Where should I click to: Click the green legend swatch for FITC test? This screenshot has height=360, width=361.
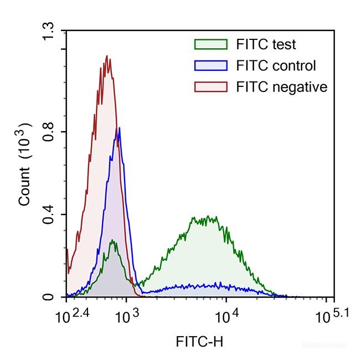point(210,44)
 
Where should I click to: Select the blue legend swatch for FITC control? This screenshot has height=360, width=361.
point(210,66)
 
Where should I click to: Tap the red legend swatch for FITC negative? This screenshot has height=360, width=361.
point(210,87)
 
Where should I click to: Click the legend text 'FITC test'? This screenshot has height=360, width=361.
point(266,44)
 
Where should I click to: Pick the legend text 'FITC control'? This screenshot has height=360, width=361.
point(276,66)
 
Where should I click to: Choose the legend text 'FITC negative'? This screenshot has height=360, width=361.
point(281,87)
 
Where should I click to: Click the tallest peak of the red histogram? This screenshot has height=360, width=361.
point(107,56)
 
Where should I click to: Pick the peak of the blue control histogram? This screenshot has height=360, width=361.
point(119,128)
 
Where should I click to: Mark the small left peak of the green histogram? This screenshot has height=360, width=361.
point(112,241)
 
